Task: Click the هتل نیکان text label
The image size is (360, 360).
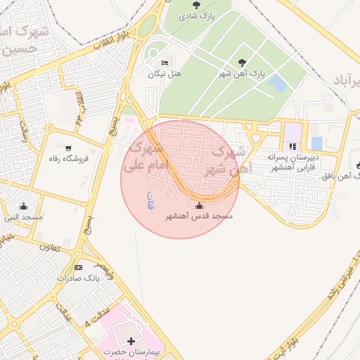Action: point(165,74)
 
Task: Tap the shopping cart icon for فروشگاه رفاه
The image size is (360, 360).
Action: point(68,148)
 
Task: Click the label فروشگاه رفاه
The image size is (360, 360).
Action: point(68,159)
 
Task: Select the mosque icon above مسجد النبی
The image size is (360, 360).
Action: point(24,206)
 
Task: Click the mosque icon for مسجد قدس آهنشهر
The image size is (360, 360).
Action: point(198,206)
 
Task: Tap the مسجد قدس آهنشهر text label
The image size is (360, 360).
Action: point(198,217)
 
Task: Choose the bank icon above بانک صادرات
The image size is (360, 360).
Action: point(78,267)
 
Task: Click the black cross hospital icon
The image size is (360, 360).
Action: point(131,340)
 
